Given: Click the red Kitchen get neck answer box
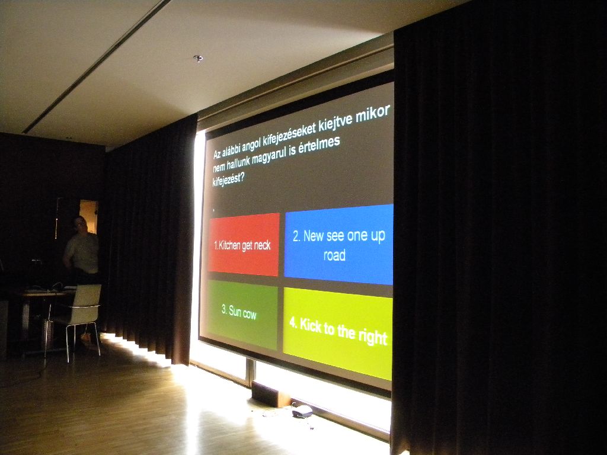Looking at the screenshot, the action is point(244,244).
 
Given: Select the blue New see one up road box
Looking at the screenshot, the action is point(338,245).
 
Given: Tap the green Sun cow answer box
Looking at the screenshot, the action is point(242,315).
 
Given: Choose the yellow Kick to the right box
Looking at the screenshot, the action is point(337,333).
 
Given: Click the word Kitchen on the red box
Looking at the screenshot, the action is point(229,246).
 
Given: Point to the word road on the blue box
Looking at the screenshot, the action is point(334,255).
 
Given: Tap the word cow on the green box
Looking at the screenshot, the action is point(250,314).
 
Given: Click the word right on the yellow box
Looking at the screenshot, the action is point(372,337).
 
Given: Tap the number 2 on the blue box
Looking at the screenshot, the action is point(296,236).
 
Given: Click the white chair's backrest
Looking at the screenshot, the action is point(88,296).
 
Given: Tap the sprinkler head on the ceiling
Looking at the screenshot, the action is point(198,59).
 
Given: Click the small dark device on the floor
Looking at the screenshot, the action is point(302,411).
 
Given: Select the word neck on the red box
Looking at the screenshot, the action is point(263,245).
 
